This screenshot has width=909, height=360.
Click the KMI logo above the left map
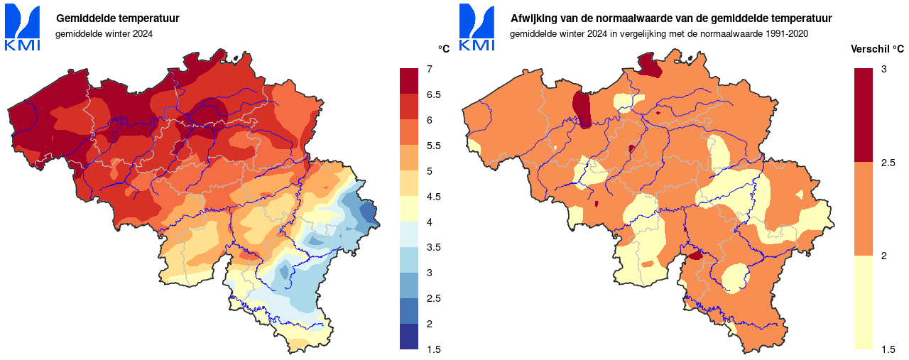tap(23, 28)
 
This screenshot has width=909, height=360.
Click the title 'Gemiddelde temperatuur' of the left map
tap(118, 18)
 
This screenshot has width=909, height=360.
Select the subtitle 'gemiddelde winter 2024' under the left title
tap(104, 33)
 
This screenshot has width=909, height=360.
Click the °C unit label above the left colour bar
tap(444, 49)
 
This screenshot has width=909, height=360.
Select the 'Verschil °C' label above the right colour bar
tap(878, 49)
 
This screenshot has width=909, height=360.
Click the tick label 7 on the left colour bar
tap(430, 69)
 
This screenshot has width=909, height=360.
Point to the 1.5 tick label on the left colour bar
tap(433, 349)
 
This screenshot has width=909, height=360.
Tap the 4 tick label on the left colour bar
tap(430, 222)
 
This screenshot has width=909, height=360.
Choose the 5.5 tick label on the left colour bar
tap(433, 146)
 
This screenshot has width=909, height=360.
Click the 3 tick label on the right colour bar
tap(884, 69)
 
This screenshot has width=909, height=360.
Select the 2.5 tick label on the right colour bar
tap(888, 163)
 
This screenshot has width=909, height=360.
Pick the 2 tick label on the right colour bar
tap(884, 256)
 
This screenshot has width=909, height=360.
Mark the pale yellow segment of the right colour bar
tap(863, 302)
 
